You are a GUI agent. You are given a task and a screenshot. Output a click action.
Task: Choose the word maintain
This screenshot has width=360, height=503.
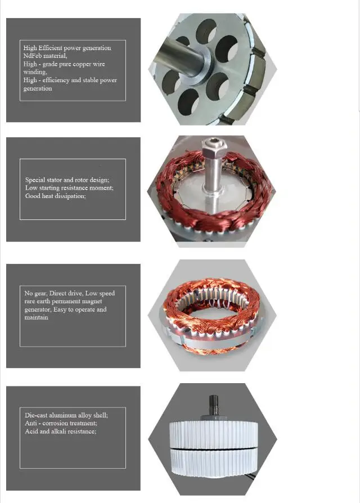[x=36, y=317]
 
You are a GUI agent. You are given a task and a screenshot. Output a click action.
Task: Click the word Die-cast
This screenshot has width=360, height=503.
[x=37, y=415]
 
